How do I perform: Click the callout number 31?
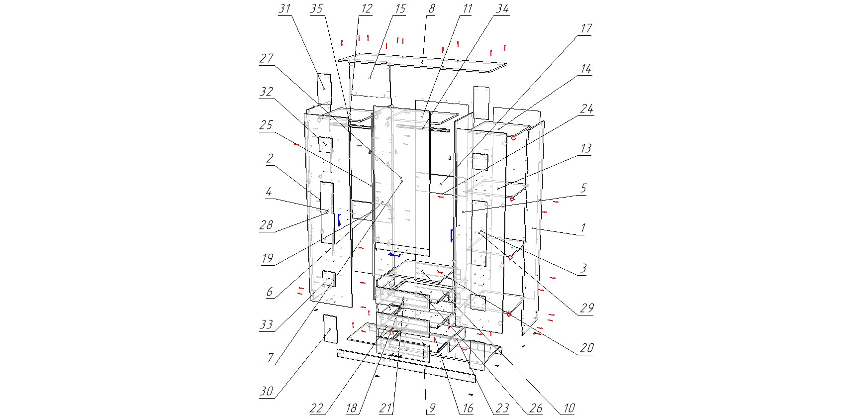click(x=284, y=9)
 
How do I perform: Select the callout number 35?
click(x=316, y=9)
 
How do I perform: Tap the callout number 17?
click(x=586, y=29)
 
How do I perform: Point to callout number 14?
click(x=586, y=69)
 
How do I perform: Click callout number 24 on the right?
click(x=587, y=109)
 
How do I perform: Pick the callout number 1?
click(x=583, y=228)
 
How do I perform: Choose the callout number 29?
click(x=587, y=308)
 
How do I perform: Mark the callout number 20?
click(x=587, y=348)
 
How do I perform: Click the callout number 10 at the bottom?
click(x=569, y=409)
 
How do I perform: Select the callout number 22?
click(x=316, y=409)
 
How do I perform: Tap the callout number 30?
click(x=267, y=392)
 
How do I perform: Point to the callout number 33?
click(x=267, y=325)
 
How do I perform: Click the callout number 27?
click(x=267, y=59)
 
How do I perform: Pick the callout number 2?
click(x=270, y=159)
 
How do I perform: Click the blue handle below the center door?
click(x=394, y=255)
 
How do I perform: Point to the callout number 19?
click(x=268, y=258)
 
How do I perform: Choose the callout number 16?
click(x=468, y=409)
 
